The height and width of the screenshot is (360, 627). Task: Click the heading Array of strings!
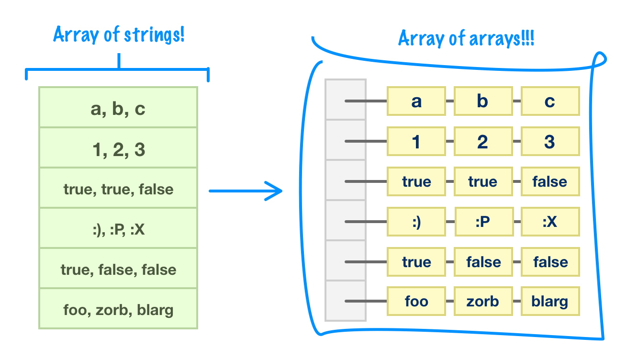pyautogui.click(x=119, y=35)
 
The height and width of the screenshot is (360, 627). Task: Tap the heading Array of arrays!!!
pyautogui.click(x=466, y=39)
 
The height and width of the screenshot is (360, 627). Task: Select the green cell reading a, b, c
pyautogui.click(x=118, y=108)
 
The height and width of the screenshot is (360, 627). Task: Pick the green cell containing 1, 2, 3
pyautogui.click(x=118, y=148)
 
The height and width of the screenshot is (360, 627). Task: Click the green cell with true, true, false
pyautogui.click(x=118, y=189)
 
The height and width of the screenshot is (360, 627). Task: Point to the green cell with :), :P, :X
pyautogui.click(x=118, y=229)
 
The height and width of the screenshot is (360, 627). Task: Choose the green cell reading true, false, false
pyautogui.click(x=118, y=269)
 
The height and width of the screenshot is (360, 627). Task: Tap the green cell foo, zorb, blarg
pyautogui.click(x=118, y=309)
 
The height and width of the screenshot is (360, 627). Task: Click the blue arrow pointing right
pyautogui.click(x=246, y=191)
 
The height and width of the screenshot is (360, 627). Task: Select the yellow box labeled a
pyautogui.click(x=416, y=101)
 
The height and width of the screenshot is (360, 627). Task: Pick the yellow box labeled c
pyautogui.click(x=550, y=101)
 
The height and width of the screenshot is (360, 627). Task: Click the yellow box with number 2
pyautogui.click(x=483, y=141)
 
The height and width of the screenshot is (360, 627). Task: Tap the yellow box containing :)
pyautogui.click(x=416, y=222)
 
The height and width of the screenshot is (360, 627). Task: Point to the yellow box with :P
pyautogui.click(x=483, y=222)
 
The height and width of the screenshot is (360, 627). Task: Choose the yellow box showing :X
pyautogui.click(x=550, y=222)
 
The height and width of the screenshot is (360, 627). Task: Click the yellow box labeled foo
pyautogui.click(x=416, y=302)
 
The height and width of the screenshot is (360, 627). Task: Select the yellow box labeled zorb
pyautogui.click(x=483, y=302)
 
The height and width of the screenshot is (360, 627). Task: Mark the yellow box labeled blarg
pyautogui.click(x=550, y=302)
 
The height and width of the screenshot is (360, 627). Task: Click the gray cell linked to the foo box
pyautogui.click(x=346, y=301)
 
